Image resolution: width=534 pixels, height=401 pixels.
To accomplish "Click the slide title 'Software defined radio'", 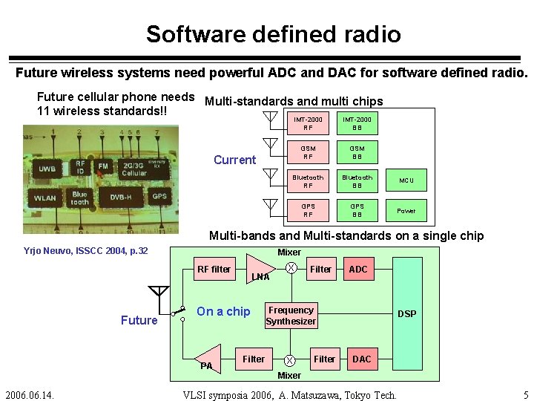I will [x=273, y=34].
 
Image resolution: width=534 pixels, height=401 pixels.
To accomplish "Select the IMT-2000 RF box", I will [x=308, y=123].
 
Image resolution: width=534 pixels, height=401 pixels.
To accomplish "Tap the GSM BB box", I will [x=357, y=152].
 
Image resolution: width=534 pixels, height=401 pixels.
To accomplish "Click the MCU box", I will [x=406, y=181].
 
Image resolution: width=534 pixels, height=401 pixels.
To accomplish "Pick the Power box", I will [x=406, y=211].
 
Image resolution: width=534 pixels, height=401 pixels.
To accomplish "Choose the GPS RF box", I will [x=308, y=211].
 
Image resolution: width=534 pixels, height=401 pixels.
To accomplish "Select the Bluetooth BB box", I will [x=357, y=181].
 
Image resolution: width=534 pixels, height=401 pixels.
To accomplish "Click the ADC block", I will [x=358, y=270].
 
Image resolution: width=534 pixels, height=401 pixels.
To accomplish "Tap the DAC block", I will [x=361, y=359].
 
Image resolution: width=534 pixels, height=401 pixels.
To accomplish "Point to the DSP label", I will [x=406, y=314].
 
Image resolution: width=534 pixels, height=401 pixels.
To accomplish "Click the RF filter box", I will [x=214, y=270].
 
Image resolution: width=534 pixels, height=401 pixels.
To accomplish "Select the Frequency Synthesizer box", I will [x=291, y=316].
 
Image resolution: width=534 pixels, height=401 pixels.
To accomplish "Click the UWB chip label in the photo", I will [x=47, y=169].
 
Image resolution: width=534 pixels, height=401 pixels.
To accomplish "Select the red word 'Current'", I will [x=234, y=160].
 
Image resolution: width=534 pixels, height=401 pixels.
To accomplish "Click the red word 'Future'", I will [x=139, y=320].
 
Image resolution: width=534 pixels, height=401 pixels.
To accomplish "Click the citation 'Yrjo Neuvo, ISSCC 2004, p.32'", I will [x=85, y=251].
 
